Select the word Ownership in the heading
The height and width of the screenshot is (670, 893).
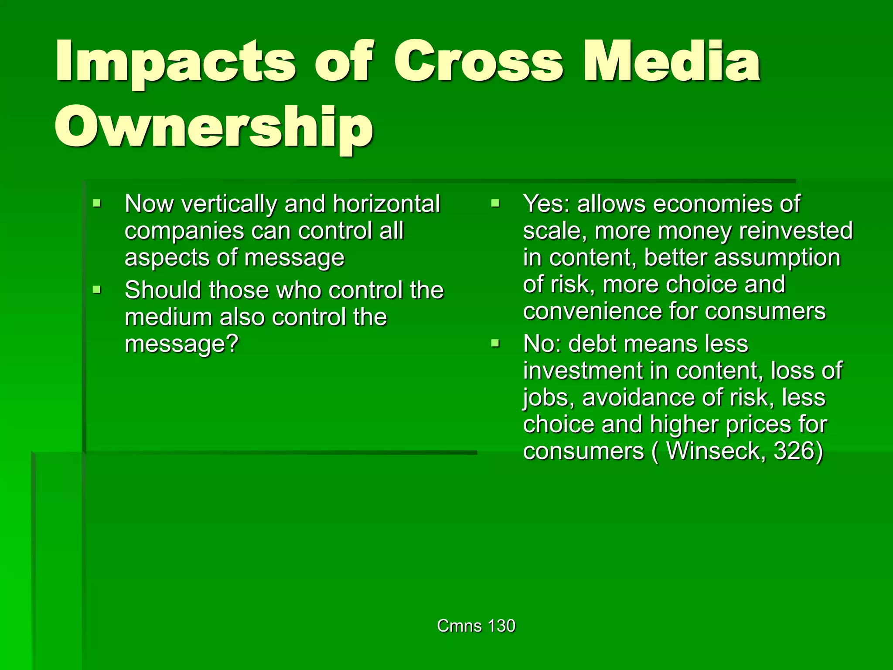pos(214,127)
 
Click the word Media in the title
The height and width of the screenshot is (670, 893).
pos(672,62)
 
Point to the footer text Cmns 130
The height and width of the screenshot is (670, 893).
pos(476,626)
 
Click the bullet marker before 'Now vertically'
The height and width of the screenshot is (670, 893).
pos(97,203)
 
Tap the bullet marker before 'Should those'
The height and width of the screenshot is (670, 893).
pos(97,290)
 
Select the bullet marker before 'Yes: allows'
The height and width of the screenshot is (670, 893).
pos(495,203)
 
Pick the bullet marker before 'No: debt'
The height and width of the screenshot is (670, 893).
pos(495,343)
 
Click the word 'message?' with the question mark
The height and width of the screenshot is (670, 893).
pos(182,344)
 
